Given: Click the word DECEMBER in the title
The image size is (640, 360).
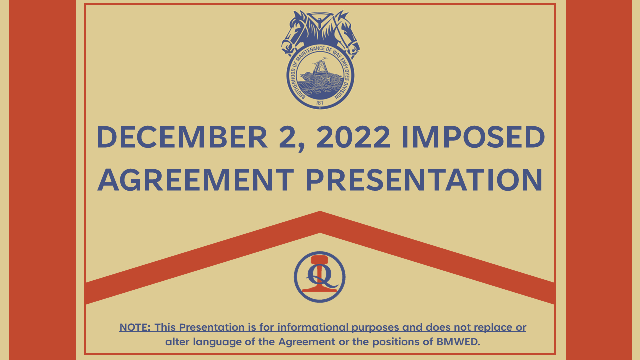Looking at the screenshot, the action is [182, 137].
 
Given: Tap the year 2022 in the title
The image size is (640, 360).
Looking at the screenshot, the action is [353, 137].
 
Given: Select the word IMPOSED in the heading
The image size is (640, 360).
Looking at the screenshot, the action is [473, 137].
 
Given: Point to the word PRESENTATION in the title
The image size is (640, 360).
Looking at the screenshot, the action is [424, 180].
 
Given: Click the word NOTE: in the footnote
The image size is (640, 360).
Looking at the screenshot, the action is [135, 327].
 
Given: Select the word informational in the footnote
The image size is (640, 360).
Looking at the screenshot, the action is [313, 327].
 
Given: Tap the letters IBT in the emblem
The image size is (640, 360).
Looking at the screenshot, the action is [320, 103].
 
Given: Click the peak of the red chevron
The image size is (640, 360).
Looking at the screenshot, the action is [320, 212].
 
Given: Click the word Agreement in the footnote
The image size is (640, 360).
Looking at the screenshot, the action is [307, 342].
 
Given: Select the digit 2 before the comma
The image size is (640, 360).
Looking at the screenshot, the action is [287, 137].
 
